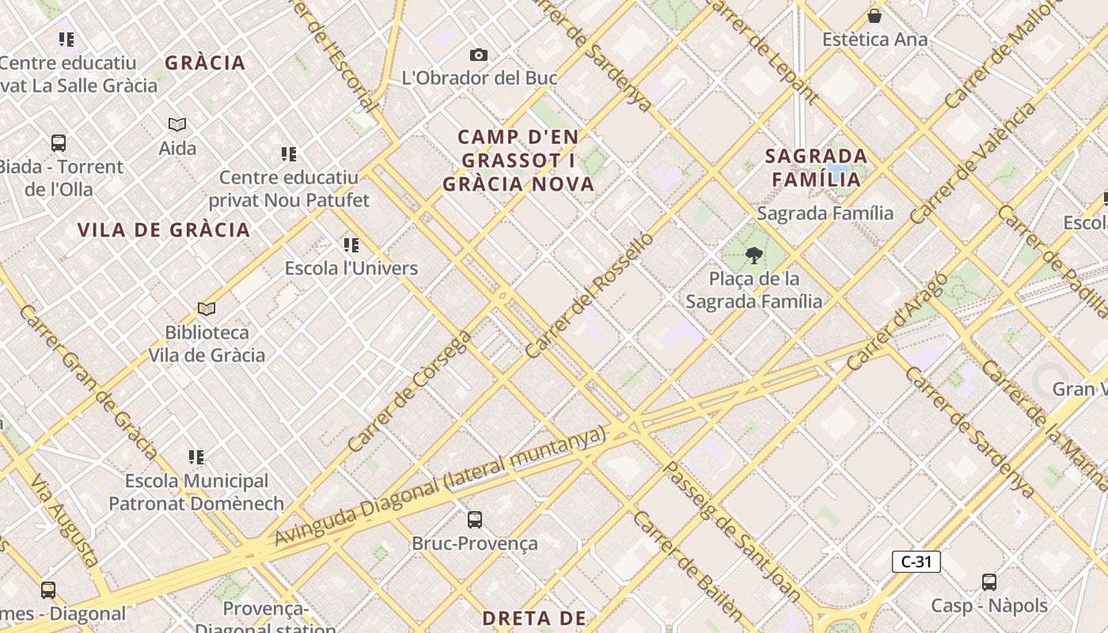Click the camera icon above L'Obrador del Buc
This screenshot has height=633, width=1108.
pyautogui.click(x=478, y=55)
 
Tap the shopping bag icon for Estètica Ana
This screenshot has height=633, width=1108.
pyautogui.click(x=875, y=16)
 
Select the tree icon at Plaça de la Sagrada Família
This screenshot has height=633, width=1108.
pyautogui.click(x=754, y=255)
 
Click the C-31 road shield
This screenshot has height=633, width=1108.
pyautogui.click(x=916, y=562)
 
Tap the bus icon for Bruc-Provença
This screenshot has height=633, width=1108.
pyautogui.click(x=474, y=520)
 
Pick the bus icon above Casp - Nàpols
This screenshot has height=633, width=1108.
pyautogui.click(x=988, y=582)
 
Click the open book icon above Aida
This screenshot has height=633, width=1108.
pyautogui.click(x=177, y=124)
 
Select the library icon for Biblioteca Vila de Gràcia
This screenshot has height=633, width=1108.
pyautogui.click(x=207, y=309)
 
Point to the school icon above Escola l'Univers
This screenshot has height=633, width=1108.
pyautogui.click(x=351, y=245)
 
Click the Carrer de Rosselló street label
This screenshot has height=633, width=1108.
pyautogui.click(x=590, y=294)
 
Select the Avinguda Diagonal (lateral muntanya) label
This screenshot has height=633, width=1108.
pyautogui.click(x=440, y=486)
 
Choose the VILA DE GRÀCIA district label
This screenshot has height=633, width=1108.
pyautogui.click(x=164, y=230)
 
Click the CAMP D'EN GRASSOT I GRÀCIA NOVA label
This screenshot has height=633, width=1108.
pyautogui.click(x=518, y=161)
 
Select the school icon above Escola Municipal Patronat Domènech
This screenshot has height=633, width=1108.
pyautogui.click(x=196, y=457)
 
